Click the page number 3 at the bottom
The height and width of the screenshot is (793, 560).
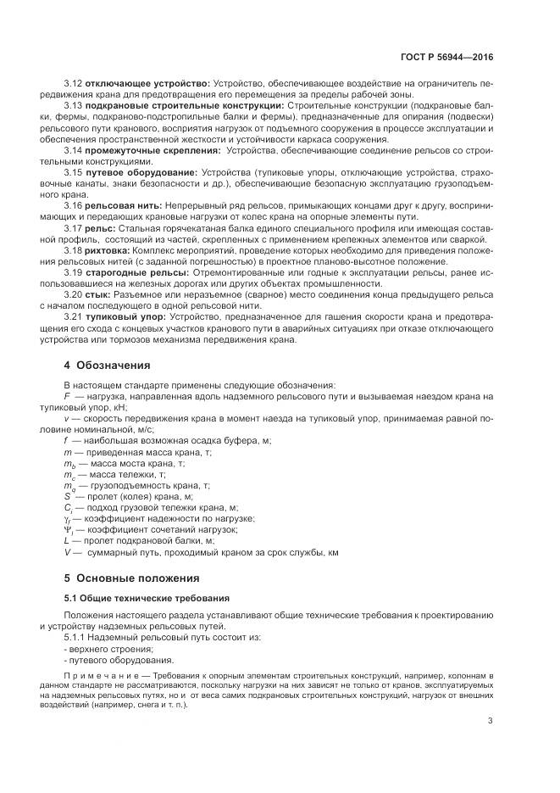490,721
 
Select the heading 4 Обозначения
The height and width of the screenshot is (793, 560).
108,366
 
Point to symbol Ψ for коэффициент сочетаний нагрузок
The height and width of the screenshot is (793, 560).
68,529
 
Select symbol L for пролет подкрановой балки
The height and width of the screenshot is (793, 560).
67,540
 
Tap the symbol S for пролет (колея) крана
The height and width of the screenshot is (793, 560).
67,496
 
